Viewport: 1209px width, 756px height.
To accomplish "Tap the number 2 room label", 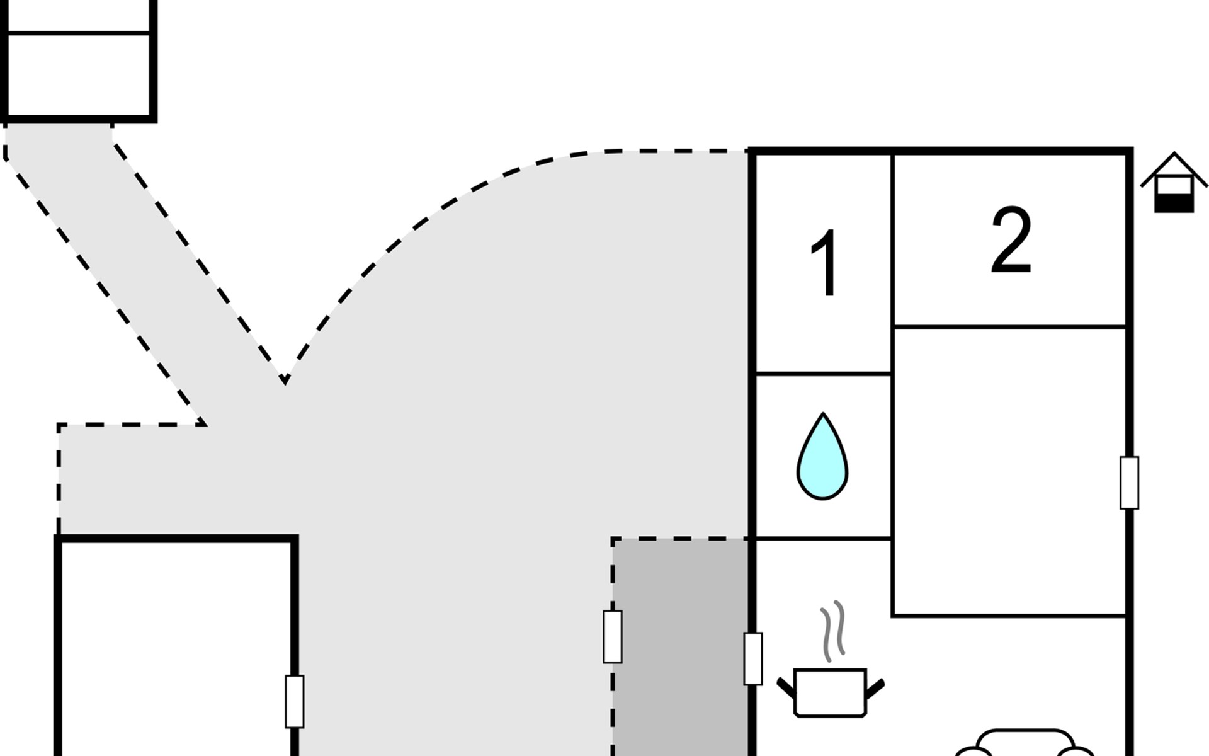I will [1011, 241].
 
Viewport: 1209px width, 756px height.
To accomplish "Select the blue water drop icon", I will [822, 457].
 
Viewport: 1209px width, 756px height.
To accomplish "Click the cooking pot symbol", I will [831, 692].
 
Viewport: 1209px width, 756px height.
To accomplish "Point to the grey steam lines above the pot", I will [832, 630].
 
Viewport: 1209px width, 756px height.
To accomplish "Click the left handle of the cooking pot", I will [786, 687].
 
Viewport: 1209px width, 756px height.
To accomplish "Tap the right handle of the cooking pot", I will [876, 689].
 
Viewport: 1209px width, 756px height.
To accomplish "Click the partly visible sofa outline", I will [1023, 743].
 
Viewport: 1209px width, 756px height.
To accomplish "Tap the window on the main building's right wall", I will [1129, 483].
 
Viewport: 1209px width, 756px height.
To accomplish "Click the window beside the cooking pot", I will [753, 658].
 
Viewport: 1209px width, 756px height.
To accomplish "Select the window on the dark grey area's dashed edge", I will [613, 636].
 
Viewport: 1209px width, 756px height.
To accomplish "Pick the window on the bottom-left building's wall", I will [295, 701].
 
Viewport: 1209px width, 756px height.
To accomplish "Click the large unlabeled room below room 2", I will [1009, 471].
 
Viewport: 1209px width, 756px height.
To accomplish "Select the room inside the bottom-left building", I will [176, 649].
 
